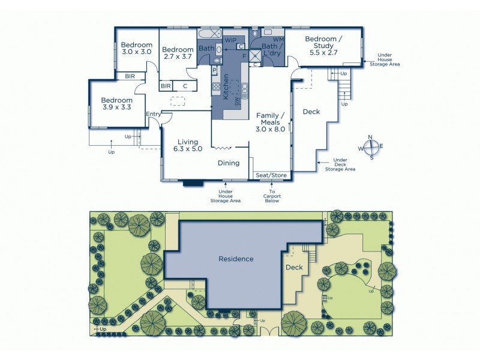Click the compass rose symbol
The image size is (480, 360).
(371, 148)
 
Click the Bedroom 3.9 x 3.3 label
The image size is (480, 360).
(116, 104)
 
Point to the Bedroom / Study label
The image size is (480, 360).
(323, 44)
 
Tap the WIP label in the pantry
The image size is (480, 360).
(230, 40)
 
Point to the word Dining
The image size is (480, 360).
(229, 163)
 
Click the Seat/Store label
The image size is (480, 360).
(272, 175)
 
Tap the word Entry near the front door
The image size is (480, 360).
(153, 114)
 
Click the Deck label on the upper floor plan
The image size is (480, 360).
(311, 112)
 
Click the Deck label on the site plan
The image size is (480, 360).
(294, 268)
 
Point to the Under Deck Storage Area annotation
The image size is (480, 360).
(340, 165)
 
